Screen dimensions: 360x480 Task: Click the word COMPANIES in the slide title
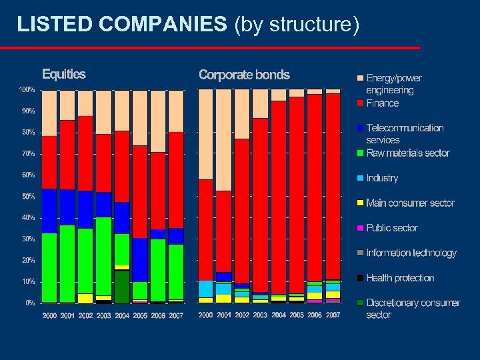[163, 25]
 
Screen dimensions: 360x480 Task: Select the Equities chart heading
[64, 74]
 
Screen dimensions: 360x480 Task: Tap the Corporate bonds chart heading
[244, 75]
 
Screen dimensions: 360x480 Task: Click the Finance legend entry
[382, 103]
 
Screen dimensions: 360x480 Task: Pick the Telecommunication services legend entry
[404, 134]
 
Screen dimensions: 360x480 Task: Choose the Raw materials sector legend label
[407, 153]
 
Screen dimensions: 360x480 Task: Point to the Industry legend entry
[382, 178]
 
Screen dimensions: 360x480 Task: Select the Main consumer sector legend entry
[410, 203]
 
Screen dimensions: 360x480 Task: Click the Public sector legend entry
[392, 228]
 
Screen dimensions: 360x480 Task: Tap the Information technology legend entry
[411, 253]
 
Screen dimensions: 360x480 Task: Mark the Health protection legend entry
[400, 278]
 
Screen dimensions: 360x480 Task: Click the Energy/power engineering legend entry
[393, 84]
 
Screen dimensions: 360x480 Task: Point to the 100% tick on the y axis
[27, 89]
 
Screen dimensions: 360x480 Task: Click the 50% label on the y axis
[28, 197]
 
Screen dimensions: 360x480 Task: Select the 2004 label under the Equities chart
[122, 315]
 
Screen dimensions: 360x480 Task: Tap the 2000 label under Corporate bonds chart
[206, 315]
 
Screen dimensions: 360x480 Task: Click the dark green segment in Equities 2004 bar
[122, 287]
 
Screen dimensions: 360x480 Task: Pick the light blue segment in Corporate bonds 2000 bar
[206, 289]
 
